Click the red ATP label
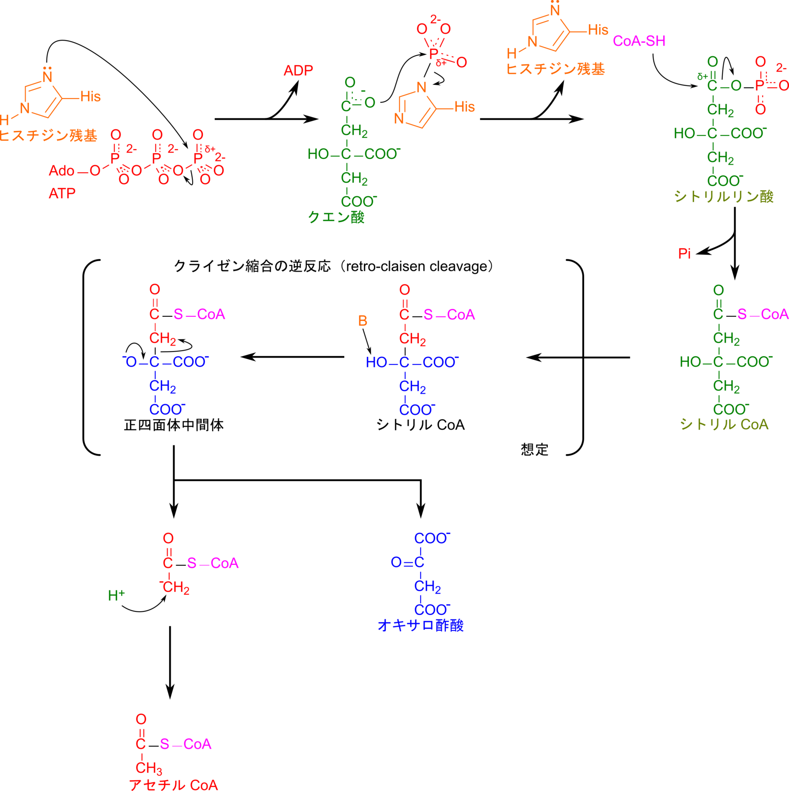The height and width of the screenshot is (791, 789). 62,193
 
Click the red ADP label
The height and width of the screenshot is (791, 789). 298,70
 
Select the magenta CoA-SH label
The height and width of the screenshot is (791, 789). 639,41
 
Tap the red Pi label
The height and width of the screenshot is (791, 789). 684,254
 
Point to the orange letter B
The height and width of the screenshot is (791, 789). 362,321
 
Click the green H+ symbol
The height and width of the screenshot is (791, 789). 116,595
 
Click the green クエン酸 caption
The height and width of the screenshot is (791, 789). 336,217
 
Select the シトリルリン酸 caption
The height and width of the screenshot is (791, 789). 724,197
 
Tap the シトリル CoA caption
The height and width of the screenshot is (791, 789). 724,424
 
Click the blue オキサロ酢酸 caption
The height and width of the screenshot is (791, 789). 420,625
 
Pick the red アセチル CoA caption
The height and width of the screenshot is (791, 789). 174,784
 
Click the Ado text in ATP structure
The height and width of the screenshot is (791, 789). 61,171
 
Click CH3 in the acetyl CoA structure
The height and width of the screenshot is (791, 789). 148,768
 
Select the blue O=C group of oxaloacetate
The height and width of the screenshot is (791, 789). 407,562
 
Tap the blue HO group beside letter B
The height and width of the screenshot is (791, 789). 376,362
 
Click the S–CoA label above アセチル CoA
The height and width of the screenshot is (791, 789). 186,744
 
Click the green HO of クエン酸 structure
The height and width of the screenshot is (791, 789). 318,154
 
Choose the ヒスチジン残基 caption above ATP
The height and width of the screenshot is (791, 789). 49,136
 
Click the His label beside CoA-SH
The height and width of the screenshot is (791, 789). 598,30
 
